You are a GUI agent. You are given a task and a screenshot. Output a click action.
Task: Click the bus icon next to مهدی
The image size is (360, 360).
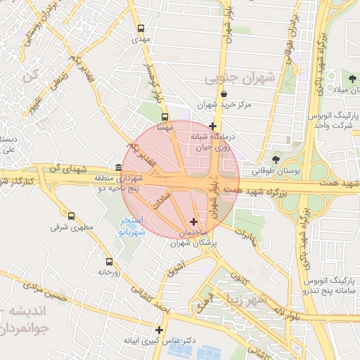[141, 29]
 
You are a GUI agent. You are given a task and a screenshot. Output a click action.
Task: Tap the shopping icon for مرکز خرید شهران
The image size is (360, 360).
[224, 94]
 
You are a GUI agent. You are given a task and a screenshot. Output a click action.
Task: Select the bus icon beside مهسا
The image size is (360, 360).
[165, 117]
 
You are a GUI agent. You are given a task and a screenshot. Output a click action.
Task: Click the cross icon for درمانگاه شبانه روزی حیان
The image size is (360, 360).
[212, 126]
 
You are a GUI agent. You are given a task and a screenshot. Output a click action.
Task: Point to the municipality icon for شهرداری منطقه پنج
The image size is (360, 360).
[117, 168]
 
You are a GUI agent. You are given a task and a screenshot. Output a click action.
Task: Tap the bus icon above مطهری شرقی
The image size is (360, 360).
[72, 216]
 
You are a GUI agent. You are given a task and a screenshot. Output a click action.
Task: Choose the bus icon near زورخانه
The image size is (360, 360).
[108, 261]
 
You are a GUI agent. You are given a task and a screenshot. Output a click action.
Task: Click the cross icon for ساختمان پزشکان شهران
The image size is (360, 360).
[194, 222]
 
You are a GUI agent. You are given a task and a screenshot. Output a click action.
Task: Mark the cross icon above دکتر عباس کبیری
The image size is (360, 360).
[159, 329]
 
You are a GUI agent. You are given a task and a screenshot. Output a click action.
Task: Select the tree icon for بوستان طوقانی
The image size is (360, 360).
[275, 160]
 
